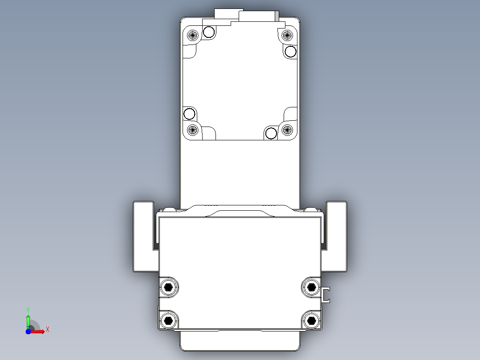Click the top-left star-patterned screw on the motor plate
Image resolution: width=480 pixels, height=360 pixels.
(192, 35)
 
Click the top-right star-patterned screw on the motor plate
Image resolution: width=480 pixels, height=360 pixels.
(287, 35)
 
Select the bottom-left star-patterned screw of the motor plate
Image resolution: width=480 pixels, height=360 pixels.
(192, 130)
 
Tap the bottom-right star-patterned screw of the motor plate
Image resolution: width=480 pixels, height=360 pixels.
(287, 130)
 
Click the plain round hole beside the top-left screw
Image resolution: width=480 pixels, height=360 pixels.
(209, 32)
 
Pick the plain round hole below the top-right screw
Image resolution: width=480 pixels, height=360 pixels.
(290, 52)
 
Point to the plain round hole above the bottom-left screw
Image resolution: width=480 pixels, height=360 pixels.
(189, 114)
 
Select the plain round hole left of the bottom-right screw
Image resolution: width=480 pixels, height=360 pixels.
(271, 133)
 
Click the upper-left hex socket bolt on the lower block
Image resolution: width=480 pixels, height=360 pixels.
(168, 287)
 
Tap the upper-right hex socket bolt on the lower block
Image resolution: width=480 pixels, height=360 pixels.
(311, 287)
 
